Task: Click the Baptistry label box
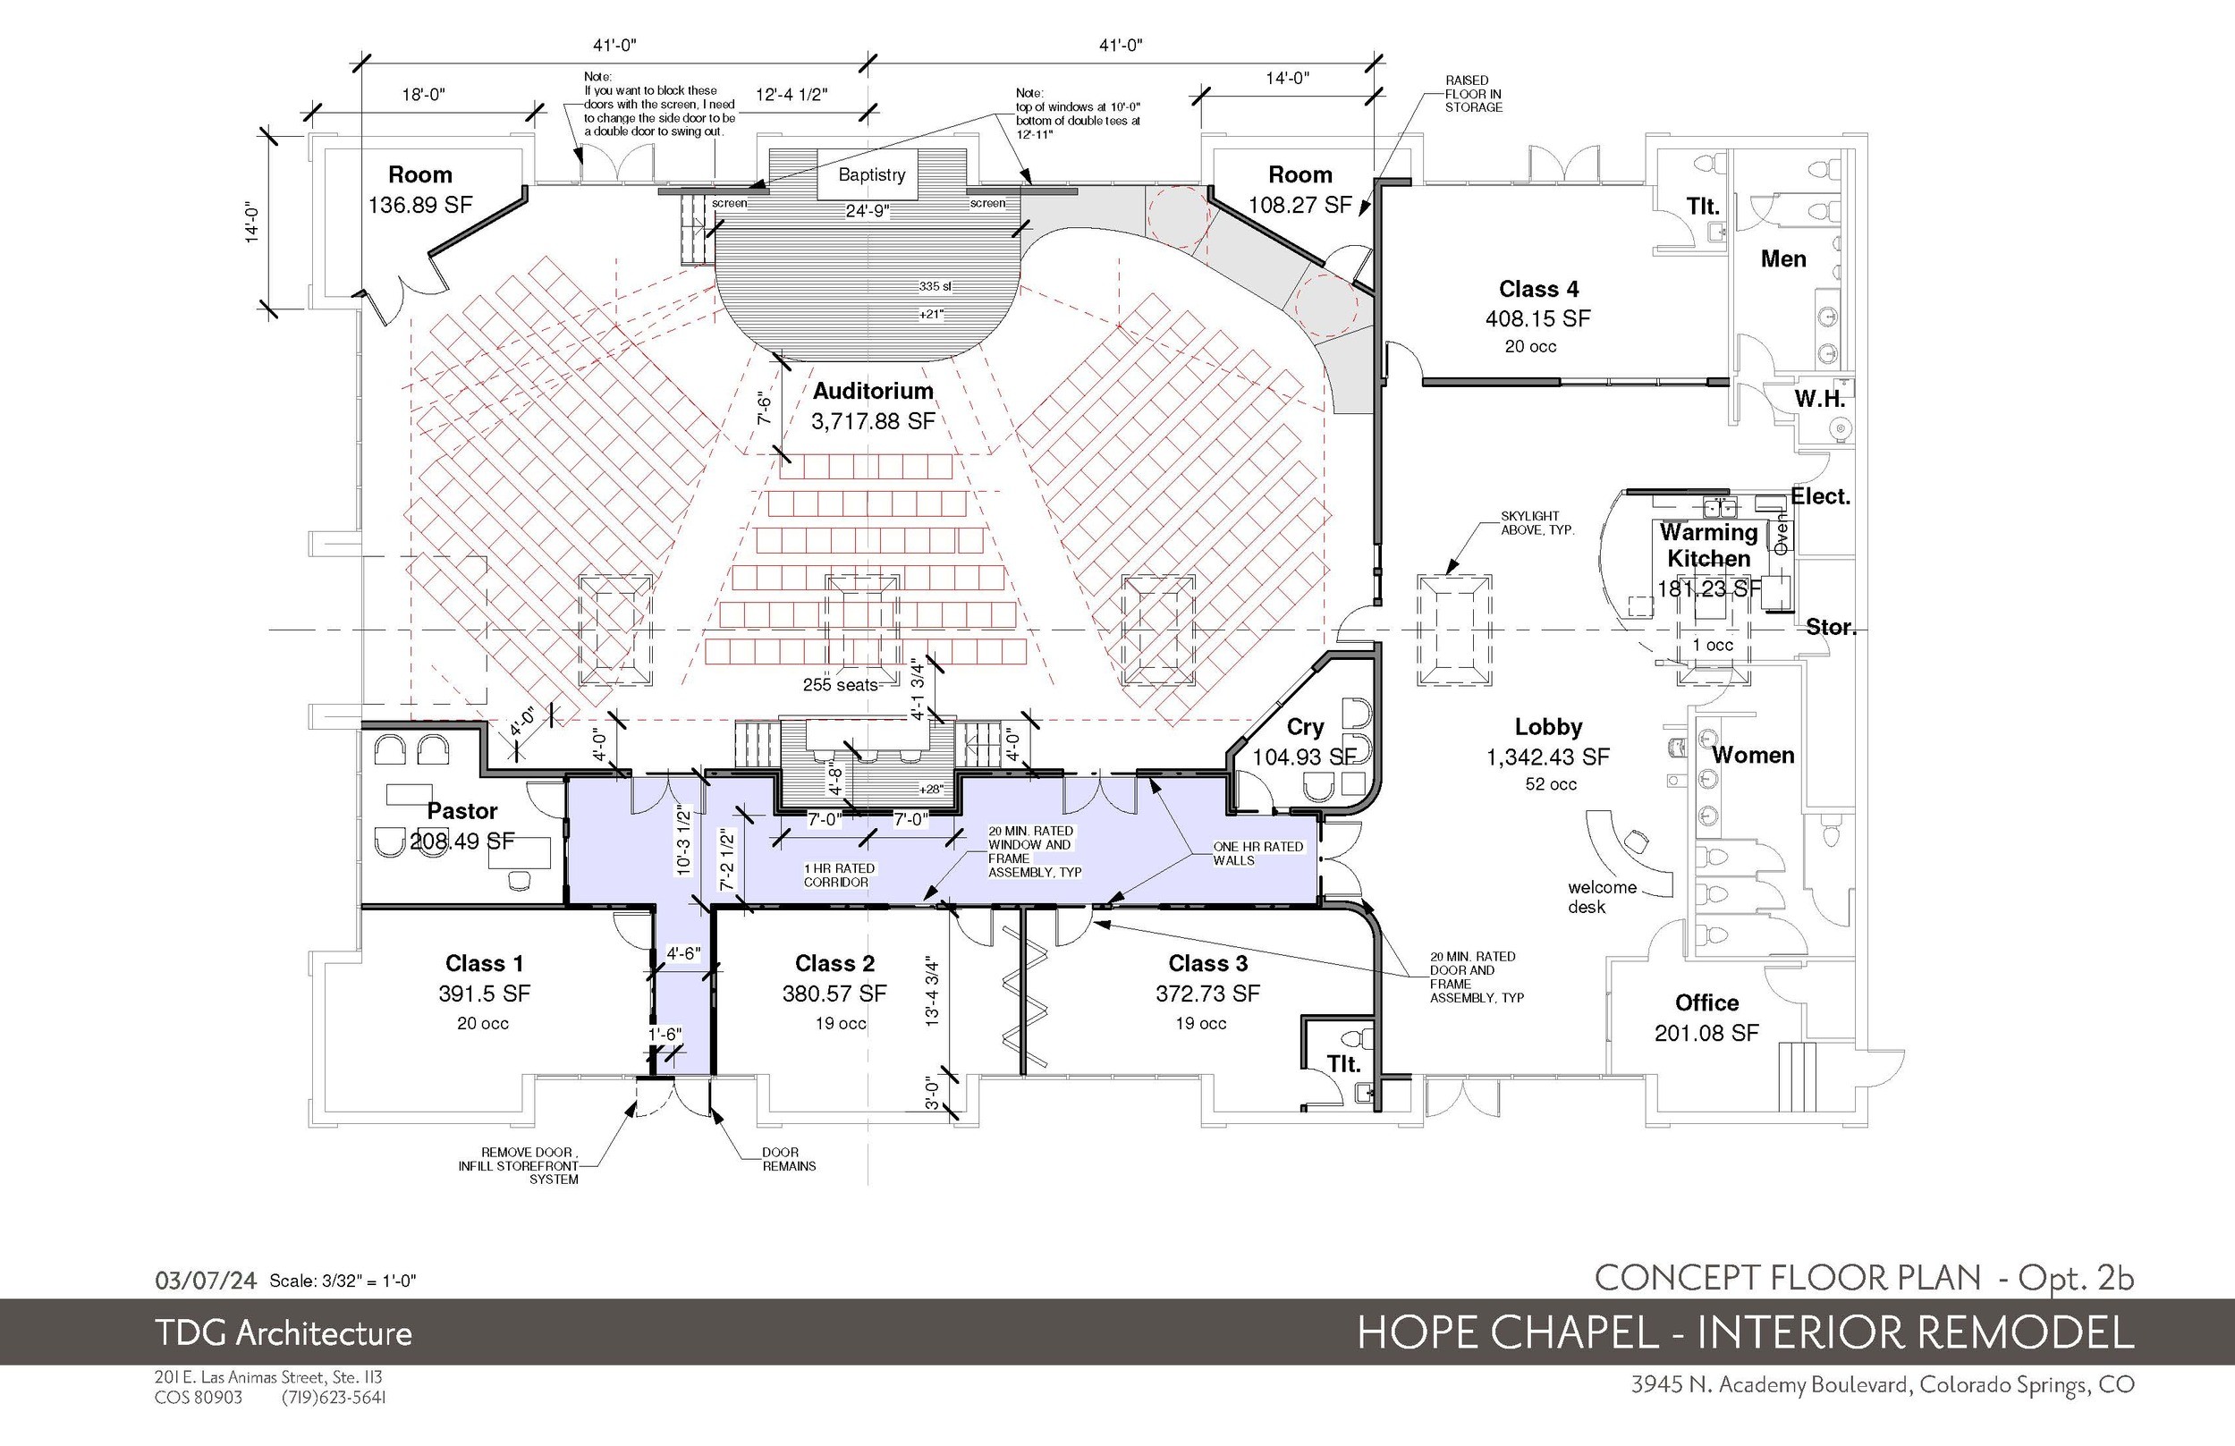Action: (871, 174)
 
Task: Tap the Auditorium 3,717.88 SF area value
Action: (873, 420)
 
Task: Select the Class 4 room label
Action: (1538, 288)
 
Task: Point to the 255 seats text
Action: (840, 684)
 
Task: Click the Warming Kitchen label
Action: (1708, 545)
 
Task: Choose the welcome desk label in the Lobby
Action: (1602, 897)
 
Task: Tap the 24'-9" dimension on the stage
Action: (868, 211)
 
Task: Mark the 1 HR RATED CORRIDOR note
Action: (839, 875)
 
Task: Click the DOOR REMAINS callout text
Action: (789, 1159)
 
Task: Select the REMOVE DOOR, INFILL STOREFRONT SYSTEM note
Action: (519, 1165)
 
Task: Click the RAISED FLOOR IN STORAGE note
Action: (1473, 94)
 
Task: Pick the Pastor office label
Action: (462, 810)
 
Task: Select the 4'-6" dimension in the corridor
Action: (683, 953)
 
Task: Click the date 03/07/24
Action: (206, 1280)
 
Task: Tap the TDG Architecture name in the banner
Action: (284, 1333)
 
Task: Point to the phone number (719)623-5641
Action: (334, 1397)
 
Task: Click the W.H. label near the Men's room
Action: (1820, 398)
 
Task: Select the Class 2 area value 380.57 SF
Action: (834, 994)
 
